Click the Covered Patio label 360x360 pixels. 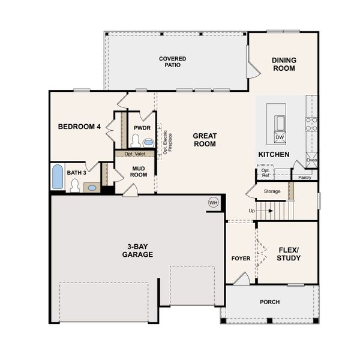click(x=172, y=62)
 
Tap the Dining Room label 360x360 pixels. click(x=283, y=64)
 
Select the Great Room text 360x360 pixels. click(x=205, y=140)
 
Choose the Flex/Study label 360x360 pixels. click(x=289, y=254)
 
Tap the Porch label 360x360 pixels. click(x=269, y=302)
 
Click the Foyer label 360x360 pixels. click(x=241, y=259)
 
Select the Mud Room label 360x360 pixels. click(x=139, y=171)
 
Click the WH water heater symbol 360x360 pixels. click(x=213, y=202)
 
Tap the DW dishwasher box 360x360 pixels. click(x=279, y=138)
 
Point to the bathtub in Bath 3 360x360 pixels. click(x=57, y=177)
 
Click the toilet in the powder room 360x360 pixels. click(x=135, y=142)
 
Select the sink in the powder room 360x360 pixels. click(x=148, y=142)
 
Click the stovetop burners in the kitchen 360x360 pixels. click(x=311, y=124)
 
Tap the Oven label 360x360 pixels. click(x=311, y=160)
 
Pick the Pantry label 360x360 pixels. click(x=305, y=178)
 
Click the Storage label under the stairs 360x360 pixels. click(x=272, y=191)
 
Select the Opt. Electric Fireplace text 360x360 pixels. click(x=167, y=142)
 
